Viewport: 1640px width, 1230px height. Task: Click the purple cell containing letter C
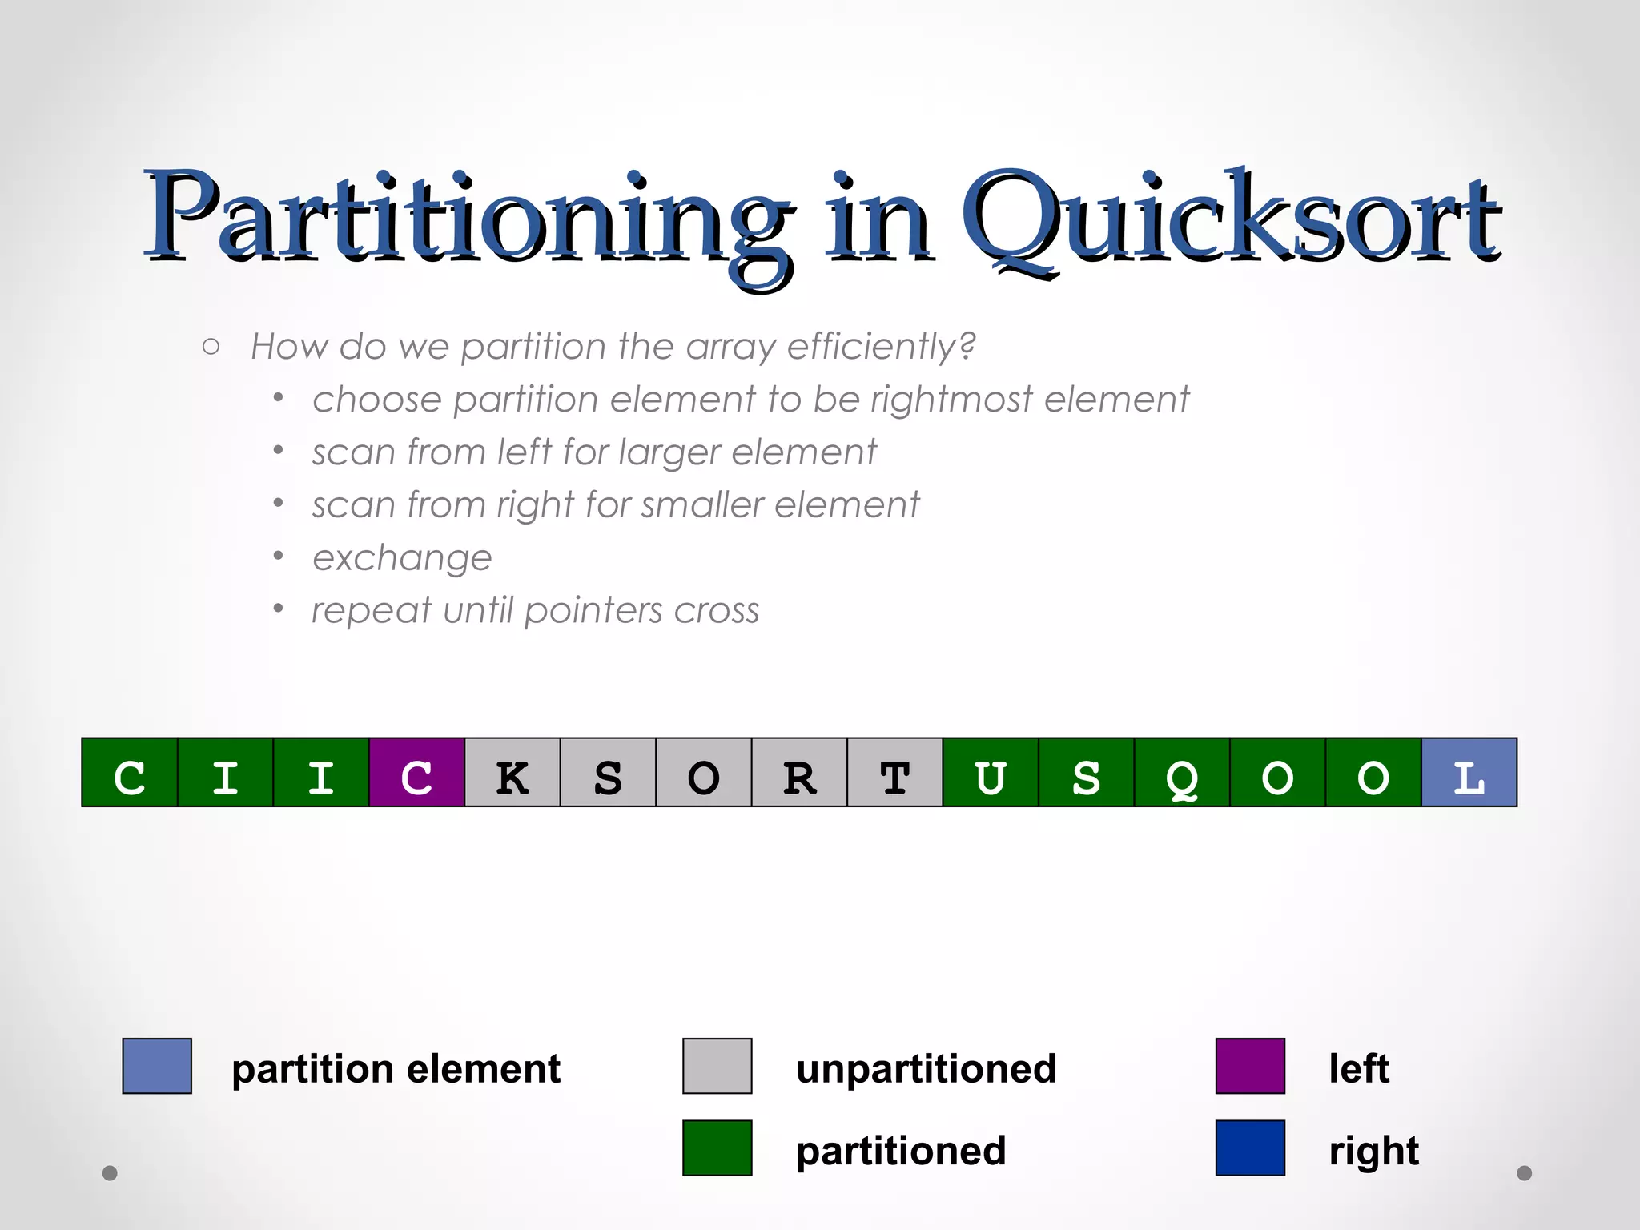[x=416, y=773]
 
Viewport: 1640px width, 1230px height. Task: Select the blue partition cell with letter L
[x=1469, y=773]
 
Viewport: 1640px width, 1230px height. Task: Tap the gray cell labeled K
[x=512, y=773]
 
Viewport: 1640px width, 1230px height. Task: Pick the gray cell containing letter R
[x=799, y=773]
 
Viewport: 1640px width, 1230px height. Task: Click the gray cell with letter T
[x=894, y=773]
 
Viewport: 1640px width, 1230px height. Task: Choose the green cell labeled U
[x=991, y=773]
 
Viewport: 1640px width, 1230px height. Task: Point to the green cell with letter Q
[x=1182, y=773]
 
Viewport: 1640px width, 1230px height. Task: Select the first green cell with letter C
[x=130, y=773]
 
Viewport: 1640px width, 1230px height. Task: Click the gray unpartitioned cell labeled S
[x=608, y=773]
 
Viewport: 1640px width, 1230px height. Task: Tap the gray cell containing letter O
[x=703, y=773]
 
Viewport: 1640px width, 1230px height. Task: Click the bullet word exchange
[x=402, y=558]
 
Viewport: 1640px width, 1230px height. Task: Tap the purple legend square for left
[x=1250, y=1066]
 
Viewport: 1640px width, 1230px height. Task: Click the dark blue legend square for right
[x=1250, y=1148]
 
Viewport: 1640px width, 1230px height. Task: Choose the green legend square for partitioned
[x=717, y=1148]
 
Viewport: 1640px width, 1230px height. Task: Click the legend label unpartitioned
[x=926, y=1069]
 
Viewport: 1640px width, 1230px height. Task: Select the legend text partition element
[x=396, y=1069]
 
